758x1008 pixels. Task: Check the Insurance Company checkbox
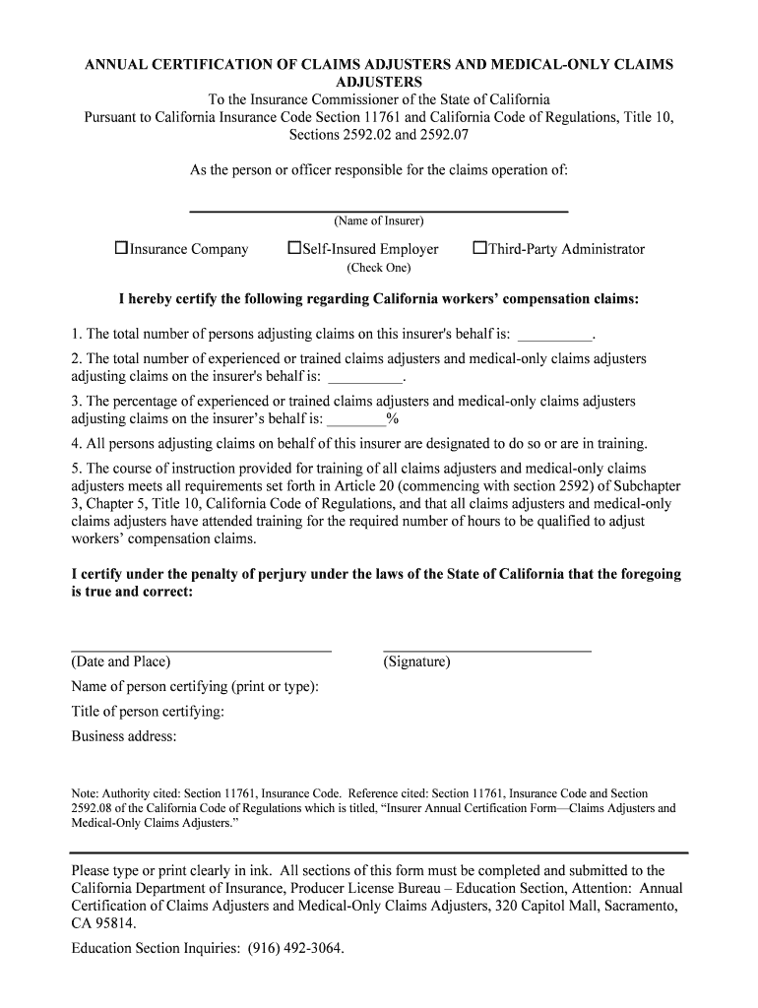pyautogui.click(x=122, y=249)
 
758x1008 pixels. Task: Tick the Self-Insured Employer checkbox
pyautogui.click(x=293, y=249)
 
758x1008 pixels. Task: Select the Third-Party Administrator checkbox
pyautogui.click(x=480, y=249)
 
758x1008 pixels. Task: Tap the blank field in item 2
pyautogui.click(x=365, y=377)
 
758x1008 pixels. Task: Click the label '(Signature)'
pyautogui.click(x=416, y=661)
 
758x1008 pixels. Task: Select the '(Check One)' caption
pyautogui.click(x=378, y=268)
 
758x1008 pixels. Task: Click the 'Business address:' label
pyautogui.click(x=124, y=736)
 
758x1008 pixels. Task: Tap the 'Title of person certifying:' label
pyautogui.click(x=148, y=712)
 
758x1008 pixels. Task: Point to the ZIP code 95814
pyautogui.click(x=116, y=924)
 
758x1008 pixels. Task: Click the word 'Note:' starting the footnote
pyautogui.click(x=87, y=793)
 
